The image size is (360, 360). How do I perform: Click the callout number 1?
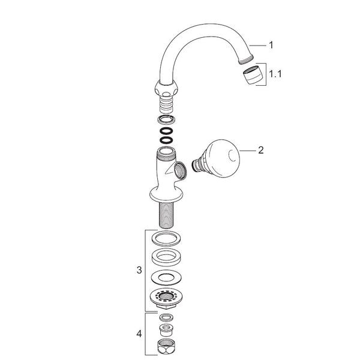[271, 45]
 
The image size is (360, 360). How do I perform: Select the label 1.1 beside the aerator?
[275, 74]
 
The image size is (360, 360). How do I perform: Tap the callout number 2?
[261, 151]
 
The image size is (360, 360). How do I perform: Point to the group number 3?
[139, 270]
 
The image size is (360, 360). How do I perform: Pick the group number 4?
[139, 334]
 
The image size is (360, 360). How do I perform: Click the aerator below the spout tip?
[253, 75]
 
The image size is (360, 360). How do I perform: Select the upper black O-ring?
[166, 131]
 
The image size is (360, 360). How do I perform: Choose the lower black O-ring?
[166, 140]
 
